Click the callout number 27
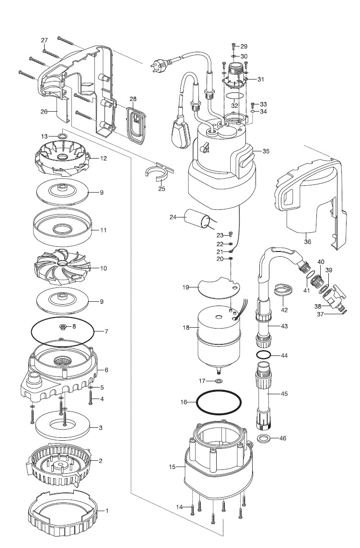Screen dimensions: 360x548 click(44, 40)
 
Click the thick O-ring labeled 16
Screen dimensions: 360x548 click(219, 402)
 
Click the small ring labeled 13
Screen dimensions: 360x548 click(62, 136)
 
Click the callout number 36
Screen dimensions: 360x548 click(307, 242)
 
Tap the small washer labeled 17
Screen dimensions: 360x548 click(219, 381)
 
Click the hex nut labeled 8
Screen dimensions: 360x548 click(63, 327)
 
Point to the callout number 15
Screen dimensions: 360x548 click(172, 467)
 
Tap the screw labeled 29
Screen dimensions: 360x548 click(234, 46)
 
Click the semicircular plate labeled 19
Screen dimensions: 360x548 click(219, 286)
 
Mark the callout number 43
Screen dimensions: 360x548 click(284, 326)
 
